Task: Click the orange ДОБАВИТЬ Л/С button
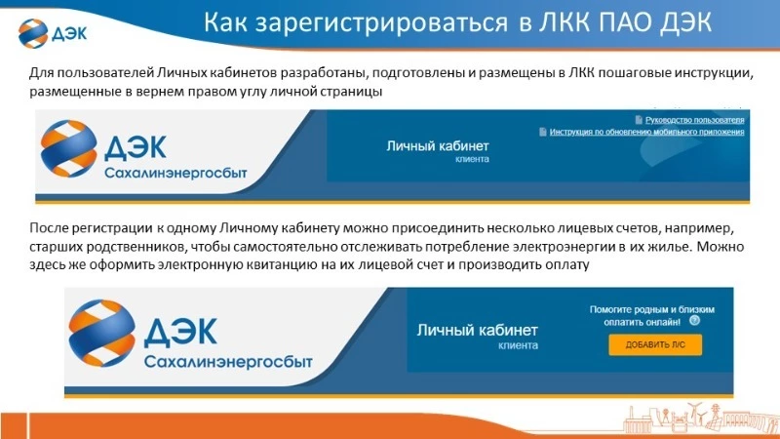pos(654,344)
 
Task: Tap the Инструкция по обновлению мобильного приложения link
pos(646,131)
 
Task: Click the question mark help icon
pos(695,319)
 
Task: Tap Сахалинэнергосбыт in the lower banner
pos(216,363)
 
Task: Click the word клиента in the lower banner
pos(518,345)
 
